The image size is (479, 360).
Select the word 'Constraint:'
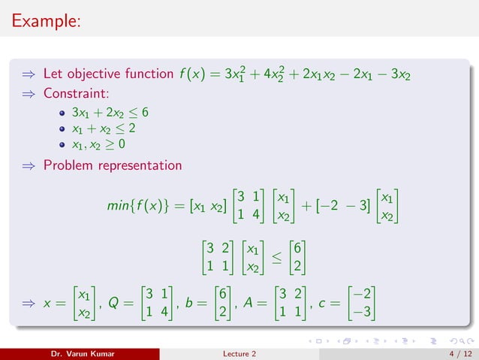[x=74, y=95]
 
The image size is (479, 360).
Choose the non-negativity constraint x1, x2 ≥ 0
[x=98, y=144]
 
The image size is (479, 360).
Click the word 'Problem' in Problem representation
[x=70, y=165]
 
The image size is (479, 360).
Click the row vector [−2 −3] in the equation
[x=343, y=205]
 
